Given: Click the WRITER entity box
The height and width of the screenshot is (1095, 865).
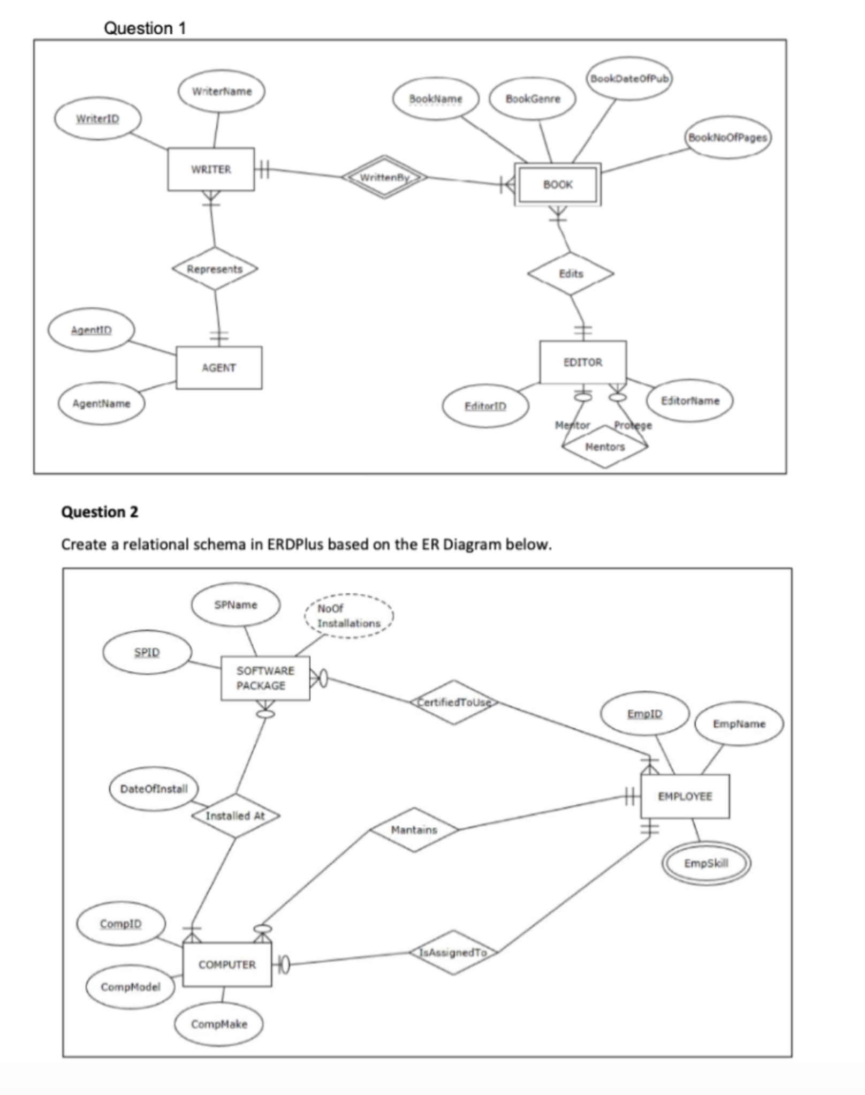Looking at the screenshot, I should (x=211, y=169).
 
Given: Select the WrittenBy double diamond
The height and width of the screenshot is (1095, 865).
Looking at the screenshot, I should (x=384, y=177).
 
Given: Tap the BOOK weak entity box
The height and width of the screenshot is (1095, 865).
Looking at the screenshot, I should (x=557, y=185).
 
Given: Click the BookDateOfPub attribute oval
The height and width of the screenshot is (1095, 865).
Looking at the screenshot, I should (x=628, y=79).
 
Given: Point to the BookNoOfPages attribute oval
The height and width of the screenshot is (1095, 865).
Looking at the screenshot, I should (x=727, y=138).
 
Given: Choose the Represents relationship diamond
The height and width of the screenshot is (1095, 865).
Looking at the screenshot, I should (x=215, y=269).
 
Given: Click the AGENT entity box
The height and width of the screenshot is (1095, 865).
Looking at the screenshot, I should (x=219, y=368).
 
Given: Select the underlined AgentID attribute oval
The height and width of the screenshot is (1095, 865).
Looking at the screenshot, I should (x=92, y=330).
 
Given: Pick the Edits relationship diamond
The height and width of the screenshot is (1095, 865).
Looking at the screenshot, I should (x=571, y=274).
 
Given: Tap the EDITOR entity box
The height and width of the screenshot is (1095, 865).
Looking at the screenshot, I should (x=583, y=363).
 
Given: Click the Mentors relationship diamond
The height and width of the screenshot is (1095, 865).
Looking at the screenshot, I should (x=605, y=447).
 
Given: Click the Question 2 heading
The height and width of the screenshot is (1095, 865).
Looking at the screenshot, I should (x=100, y=512).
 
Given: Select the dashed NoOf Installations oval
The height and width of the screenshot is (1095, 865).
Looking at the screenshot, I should (x=348, y=616).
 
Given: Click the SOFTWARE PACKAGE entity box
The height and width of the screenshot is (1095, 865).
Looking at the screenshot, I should (x=265, y=678).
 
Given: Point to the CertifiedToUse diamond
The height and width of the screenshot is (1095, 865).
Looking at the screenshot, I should (x=454, y=702).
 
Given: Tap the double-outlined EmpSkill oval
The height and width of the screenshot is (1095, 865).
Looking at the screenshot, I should (x=706, y=863).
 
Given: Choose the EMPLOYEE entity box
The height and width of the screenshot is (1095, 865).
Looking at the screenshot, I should (x=685, y=796).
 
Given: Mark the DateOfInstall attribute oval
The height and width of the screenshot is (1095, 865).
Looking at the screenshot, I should (x=154, y=789).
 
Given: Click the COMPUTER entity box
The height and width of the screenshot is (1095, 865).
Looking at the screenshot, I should (x=227, y=964).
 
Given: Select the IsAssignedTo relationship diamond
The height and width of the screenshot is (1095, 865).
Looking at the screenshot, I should (x=453, y=953).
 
